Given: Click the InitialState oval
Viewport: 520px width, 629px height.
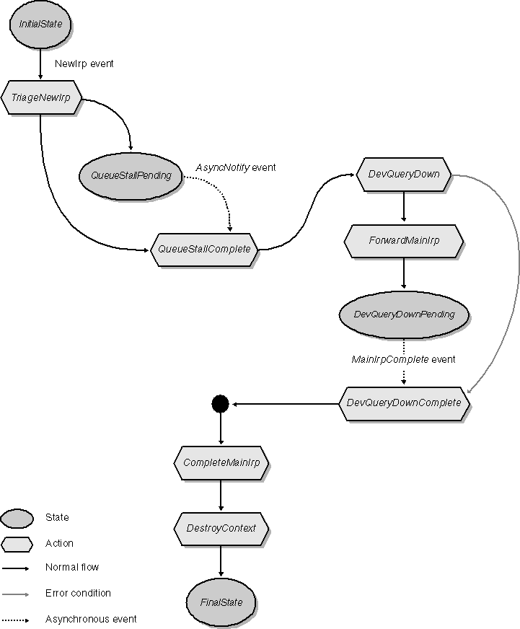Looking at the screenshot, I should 40,25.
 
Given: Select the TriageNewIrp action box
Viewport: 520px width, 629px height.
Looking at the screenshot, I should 40,98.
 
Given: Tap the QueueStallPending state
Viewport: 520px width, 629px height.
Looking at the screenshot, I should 131,175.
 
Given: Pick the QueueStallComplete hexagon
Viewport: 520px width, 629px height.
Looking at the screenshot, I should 204,250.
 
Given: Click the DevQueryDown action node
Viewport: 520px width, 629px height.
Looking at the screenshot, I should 403,175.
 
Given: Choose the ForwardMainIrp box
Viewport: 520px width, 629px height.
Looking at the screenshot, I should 403,241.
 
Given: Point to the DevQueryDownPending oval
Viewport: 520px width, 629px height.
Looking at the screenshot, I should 403,314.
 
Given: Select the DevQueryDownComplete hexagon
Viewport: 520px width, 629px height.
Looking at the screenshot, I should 403,403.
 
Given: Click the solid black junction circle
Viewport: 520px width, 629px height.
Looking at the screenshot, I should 221,403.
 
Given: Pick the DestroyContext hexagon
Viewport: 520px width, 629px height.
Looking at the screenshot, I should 221,529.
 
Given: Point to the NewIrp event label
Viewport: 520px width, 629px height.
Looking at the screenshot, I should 84,63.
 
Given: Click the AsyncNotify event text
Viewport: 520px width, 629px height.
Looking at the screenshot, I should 236,167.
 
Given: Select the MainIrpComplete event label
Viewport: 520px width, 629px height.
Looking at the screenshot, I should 403,359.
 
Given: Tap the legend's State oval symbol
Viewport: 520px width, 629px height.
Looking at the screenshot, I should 17,518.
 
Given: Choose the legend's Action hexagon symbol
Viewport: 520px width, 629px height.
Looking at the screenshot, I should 17,544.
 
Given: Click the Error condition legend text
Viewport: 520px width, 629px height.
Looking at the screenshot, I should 78,593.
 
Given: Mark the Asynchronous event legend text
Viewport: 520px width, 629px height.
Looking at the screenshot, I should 91,619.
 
